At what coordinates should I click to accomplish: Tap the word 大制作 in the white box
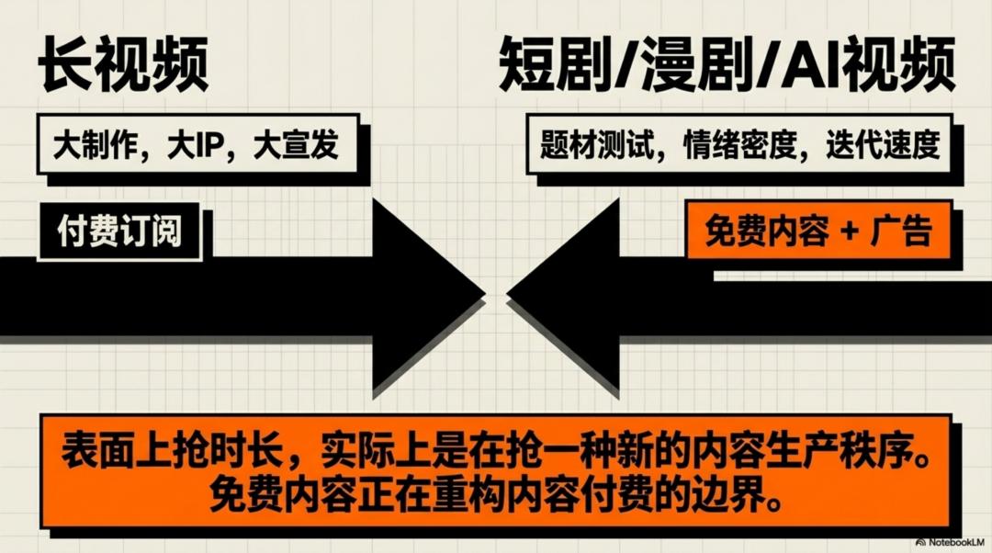pyautogui.click(x=95, y=145)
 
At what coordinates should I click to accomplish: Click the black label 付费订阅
pyautogui.click(x=119, y=232)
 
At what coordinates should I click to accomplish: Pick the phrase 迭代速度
pyautogui.click(x=884, y=145)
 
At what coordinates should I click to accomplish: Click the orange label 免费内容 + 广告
pyautogui.click(x=818, y=231)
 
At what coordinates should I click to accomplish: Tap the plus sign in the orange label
pyautogui.click(x=847, y=231)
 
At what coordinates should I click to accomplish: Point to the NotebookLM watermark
pyautogui.click(x=947, y=542)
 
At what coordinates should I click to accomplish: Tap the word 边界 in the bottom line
pyautogui.click(x=736, y=497)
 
